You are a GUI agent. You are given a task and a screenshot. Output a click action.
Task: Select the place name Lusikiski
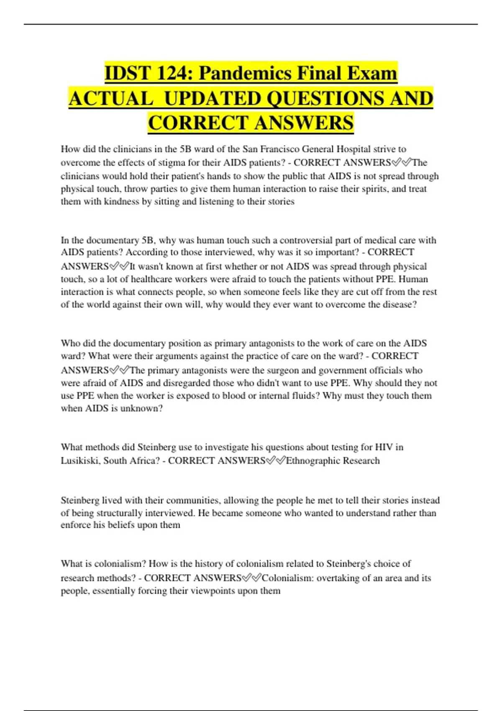coord(79,460)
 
